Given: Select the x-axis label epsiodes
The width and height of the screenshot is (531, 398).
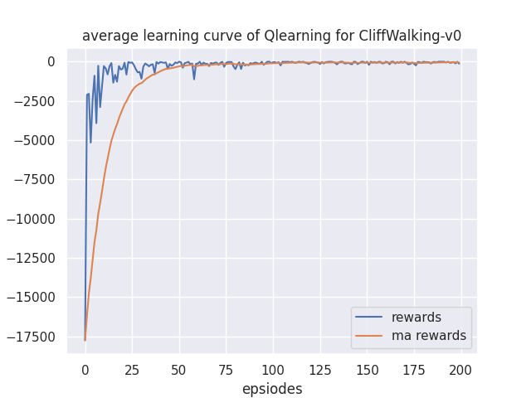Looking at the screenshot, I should (272, 389).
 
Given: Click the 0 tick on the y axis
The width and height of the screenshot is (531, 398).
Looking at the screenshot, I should (51, 62).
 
